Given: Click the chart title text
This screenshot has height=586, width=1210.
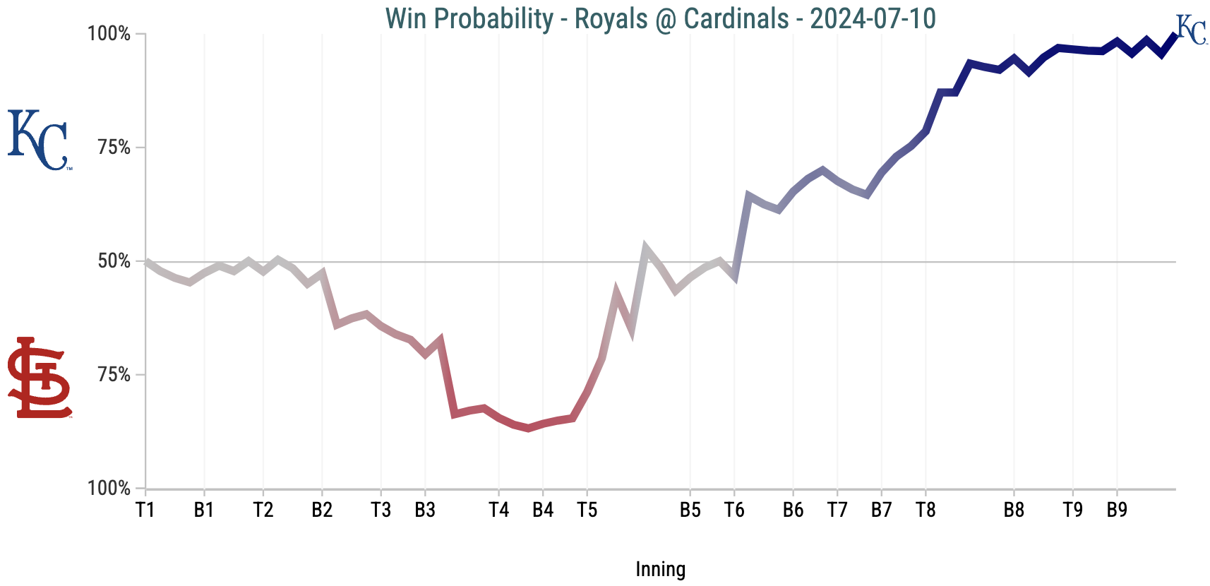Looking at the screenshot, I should coord(660,18).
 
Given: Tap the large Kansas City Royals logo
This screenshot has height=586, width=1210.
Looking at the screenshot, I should coord(38,140).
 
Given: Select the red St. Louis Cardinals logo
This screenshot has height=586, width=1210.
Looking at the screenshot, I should coord(40,378).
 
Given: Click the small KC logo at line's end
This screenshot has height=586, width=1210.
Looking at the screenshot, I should coord(1191,30).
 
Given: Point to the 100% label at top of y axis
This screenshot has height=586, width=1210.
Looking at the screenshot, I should coord(109,34).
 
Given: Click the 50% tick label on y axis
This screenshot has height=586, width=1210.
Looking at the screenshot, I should coord(114,261).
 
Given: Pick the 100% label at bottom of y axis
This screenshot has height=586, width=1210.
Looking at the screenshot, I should coord(109,489).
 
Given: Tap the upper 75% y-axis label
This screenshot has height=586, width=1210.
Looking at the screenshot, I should coord(114,148).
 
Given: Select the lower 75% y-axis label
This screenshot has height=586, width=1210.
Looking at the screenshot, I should coord(114,375).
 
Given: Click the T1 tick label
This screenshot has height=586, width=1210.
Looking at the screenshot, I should coord(145,510).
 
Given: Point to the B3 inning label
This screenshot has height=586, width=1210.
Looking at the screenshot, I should coord(425,510).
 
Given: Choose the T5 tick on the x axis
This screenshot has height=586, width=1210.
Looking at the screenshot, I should coord(587,510).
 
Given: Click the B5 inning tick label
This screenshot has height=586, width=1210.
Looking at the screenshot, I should coord(690,510).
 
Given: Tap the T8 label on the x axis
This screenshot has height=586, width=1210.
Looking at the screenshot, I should coord(925,510).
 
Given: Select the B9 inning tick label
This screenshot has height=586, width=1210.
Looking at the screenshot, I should coord(1116,510).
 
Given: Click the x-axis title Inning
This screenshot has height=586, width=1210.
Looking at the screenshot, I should coord(660,569).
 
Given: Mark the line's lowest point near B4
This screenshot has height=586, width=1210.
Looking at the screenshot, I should coord(528,428).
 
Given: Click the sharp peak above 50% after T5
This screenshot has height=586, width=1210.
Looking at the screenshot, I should coord(645,248).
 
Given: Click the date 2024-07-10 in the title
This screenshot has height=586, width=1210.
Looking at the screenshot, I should coord(873,18).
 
